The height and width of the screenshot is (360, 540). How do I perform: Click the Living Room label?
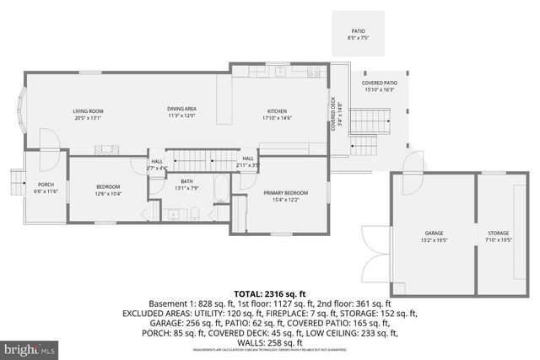pos(88,111)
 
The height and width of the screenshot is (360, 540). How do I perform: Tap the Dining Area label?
pos(181,110)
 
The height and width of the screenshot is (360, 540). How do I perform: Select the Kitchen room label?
pos(277,111)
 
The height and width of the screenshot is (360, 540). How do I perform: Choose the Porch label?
pos(45,185)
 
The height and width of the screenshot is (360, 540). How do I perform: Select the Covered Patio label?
pos(379,83)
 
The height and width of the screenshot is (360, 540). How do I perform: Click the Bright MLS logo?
pos(30,347)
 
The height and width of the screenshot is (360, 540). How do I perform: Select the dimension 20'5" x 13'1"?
pos(88,118)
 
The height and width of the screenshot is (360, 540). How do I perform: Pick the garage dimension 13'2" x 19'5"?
pos(433,240)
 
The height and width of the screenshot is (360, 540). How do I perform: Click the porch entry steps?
pos(16,182)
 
